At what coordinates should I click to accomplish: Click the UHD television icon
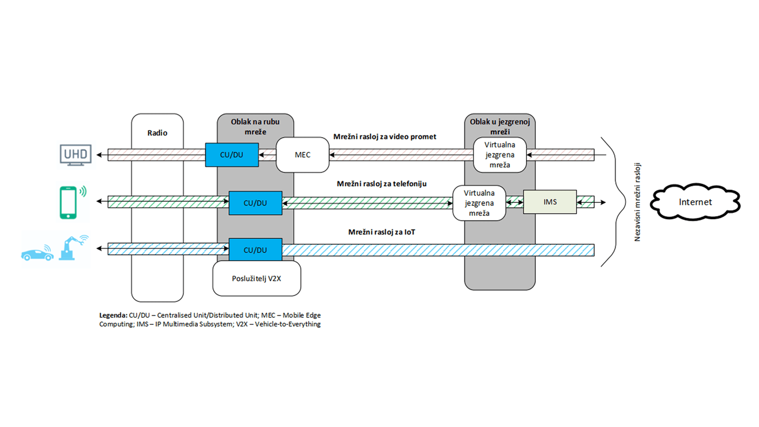tap(76, 155)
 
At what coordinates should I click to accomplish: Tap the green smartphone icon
tap(69, 202)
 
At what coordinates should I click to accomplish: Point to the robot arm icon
tap(73, 248)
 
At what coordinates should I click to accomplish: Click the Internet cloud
tap(695, 202)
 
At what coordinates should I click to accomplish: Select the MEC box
tap(302, 155)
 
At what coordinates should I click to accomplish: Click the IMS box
tap(550, 202)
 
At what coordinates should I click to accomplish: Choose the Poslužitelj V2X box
tap(257, 278)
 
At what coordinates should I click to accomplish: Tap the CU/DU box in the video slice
tap(232, 155)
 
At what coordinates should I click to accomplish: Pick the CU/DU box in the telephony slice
tap(255, 203)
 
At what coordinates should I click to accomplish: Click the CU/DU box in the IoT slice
tap(255, 250)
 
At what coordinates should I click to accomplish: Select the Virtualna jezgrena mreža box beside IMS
tap(479, 203)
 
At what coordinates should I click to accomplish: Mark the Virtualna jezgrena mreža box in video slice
tap(500, 155)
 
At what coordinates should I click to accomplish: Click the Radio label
tap(157, 133)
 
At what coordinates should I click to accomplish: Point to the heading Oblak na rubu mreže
tap(255, 127)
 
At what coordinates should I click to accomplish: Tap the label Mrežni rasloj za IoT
tap(381, 232)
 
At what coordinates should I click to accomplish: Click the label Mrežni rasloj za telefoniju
tap(381, 183)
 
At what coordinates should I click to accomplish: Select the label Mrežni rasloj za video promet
tap(385, 136)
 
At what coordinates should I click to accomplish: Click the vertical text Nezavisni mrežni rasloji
tap(637, 202)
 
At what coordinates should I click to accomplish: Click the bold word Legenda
tap(113, 315)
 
